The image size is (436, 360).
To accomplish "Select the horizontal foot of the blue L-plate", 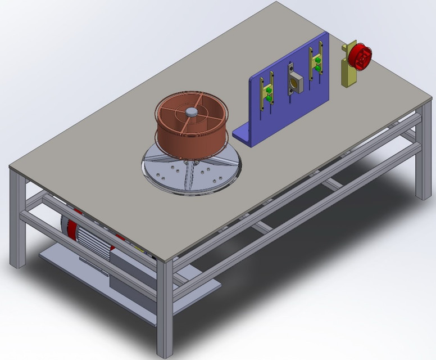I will pyautogui.click(x=240, y=136).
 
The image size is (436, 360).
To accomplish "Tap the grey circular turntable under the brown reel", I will pyautogui.click(x=191, y=172).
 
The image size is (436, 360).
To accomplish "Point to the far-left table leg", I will pyautogui.click(x=17, y=219).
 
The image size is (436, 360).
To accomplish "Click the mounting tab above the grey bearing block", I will pyautogui.click(x=291, y=67).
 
